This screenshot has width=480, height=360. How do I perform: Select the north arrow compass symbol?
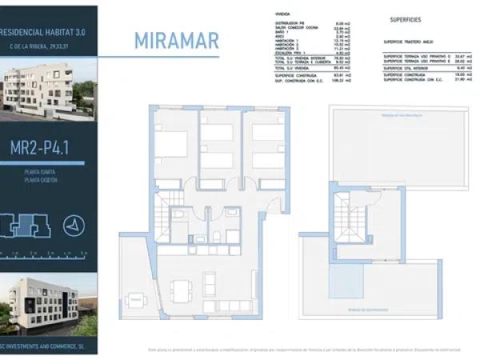point(72,226)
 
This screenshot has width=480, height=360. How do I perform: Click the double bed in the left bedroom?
point(171,145)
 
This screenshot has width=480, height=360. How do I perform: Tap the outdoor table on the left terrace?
point(132,302)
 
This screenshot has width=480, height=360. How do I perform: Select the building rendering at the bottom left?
point(48,305)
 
